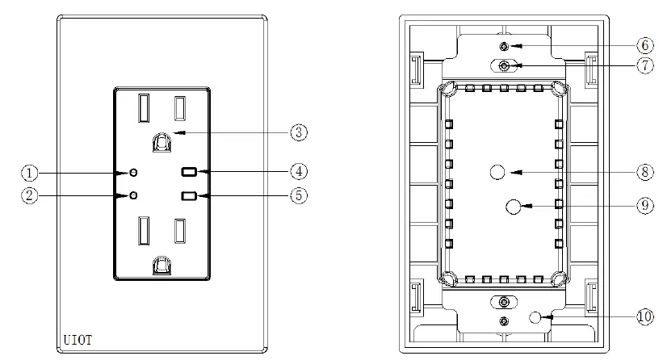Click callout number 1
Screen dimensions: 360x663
click(x=30, y=173)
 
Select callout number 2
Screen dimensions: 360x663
click(x=30, y=195)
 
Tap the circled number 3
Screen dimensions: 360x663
click(x=300, y=132)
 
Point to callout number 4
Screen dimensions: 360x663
click(x=300, y=172)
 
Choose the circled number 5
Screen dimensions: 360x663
click(x=300, y=195)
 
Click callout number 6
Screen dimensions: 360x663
click(x=644, y=46)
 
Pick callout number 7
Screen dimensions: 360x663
click(x=644, y=66)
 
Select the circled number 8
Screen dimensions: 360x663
click(x=644, y=172)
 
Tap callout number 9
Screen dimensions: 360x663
click(x=644, y=207)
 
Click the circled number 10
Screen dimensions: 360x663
click(x=644, y=317)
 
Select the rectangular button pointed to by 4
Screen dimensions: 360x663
click(x=191, y=172)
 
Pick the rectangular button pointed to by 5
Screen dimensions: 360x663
click(x=191, y=195)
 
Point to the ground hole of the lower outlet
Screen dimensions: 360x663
click(x=162, y=265)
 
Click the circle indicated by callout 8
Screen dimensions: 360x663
click(x=498, y=172)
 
